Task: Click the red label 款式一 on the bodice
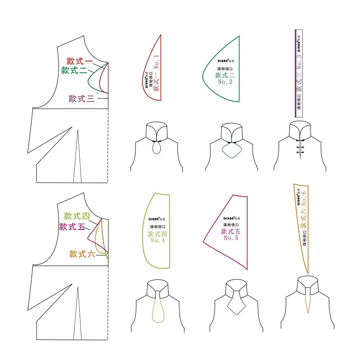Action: point(80,61)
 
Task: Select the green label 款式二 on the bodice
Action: point(74,70)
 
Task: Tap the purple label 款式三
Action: point(81,99)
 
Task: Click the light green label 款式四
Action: point(77,216)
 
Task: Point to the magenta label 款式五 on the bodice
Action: point(72,226)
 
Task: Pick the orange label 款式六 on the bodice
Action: point(82,254)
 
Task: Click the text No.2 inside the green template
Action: point(225,82)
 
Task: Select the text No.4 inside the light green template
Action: point(158,240)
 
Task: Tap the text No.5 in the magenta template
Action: point(231,238)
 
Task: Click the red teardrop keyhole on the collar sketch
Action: point(157,147)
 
